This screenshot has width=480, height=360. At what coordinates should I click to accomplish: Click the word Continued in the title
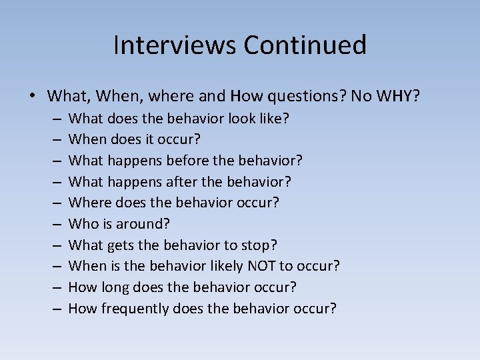(305, 45)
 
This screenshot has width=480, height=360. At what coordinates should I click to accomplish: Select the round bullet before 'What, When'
(33, 96)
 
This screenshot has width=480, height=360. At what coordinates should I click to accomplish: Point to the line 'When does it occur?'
(135, 140)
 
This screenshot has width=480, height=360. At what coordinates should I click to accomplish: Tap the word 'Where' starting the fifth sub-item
(87, 203)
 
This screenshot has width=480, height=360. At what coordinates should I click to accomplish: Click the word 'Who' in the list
(82, 224)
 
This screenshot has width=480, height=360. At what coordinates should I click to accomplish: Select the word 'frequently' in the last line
(136, 309)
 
